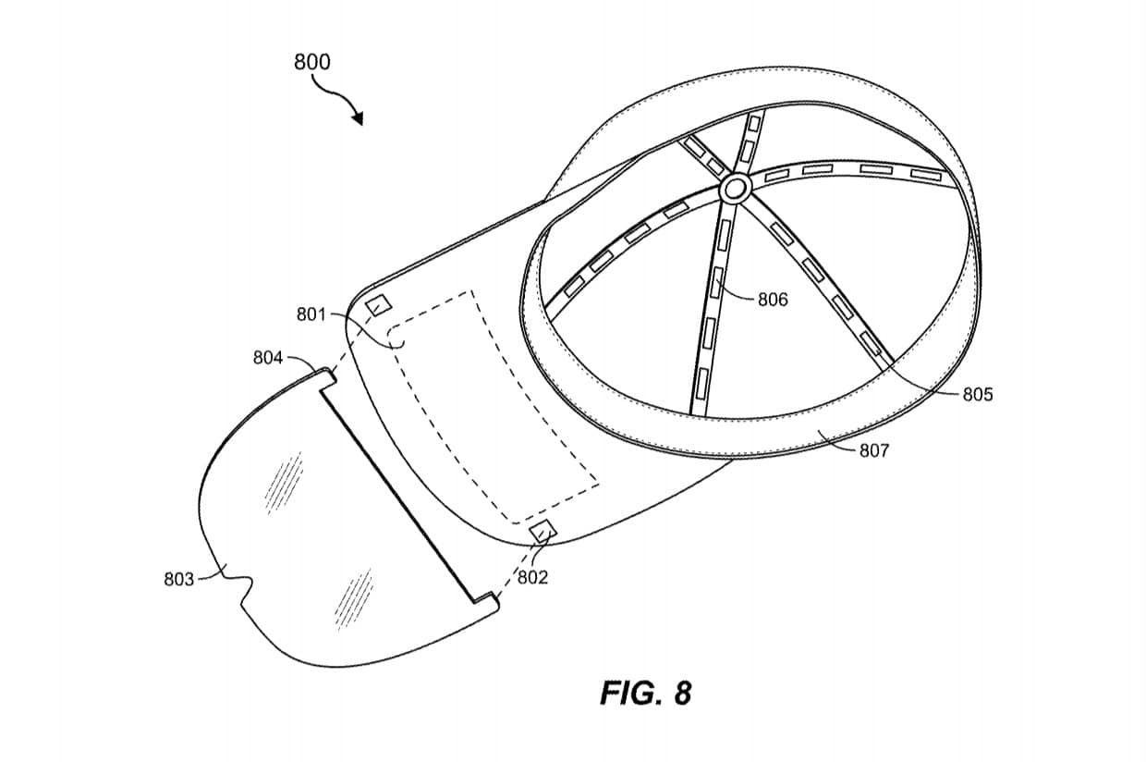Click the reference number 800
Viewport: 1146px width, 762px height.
(x=311, y=63)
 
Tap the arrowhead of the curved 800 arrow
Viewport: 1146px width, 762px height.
(x=358, y=119)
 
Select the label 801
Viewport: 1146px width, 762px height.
(x=311, y=314)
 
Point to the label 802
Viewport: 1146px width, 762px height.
(x=532, y=577)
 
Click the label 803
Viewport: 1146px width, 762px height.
(x=178, y=579)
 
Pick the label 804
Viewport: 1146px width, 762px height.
(x=268, y=357)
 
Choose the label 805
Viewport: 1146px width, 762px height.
(x=977, y=395)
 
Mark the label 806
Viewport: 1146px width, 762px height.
(x=773, y=300)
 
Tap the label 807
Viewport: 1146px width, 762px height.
(x=873, y=450)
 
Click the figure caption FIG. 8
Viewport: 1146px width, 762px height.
(x=645, y=693)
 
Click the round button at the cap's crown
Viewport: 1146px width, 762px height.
(x=736, y=190)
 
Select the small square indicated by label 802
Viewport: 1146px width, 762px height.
(x=542, y=530)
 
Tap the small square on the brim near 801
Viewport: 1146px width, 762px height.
(x=378, y=304)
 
